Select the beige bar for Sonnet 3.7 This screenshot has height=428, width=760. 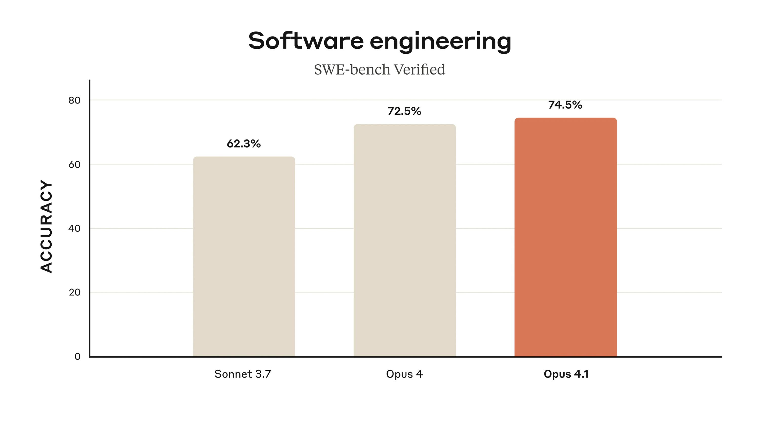(x=244, y=257)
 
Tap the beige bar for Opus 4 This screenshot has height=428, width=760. (x=405, y=241)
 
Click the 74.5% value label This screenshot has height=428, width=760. (x=565, y=105)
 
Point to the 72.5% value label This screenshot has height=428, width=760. (x=404, y=111)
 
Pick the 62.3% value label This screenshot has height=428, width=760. (x=244, y=144)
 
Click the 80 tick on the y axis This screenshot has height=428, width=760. (x=74, y=100)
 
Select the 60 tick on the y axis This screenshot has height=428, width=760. (x=74, y=164)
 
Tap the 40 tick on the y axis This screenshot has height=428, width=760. (x=74, y=228)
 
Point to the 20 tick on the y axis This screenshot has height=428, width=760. (x=74, y=293)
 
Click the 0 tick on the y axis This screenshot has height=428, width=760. (x=77, y=356)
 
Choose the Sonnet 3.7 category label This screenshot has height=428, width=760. (x=242, y=374)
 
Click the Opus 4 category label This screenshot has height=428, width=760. (x=404, y=374)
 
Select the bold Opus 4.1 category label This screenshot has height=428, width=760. (x=566, y=374)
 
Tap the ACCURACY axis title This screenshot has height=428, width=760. (x=46, y=226)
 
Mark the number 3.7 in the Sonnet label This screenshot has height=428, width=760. (x=263, y=374)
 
